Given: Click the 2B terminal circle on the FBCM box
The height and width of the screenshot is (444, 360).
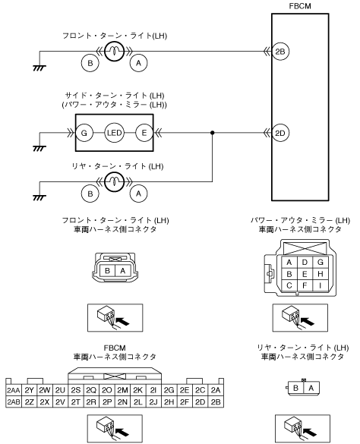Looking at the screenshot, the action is pyautogui.click(x=280, y=52).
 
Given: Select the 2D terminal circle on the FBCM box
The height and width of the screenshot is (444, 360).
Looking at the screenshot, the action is pyautogui.click(x=280, y=133).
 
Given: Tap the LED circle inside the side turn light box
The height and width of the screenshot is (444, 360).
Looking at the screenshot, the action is pyautogui.click(x=114, y=133).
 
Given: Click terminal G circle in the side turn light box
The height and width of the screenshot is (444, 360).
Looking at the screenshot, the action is pyautogui.click(x=84, y=133).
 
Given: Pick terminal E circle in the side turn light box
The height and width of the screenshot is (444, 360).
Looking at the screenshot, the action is pyautogui.click(x=144, y=133).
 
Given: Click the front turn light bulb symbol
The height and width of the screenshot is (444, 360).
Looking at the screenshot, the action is pyautogui.click(x=114, y=52).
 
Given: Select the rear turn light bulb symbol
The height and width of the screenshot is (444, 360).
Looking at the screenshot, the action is pyautogui.click(x=114, y=182).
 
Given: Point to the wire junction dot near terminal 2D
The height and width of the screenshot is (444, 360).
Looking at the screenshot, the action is pyautogui.click(x=213, y=133).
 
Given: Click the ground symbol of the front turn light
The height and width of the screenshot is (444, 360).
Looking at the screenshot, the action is pyautogui.click(x=39, y=68).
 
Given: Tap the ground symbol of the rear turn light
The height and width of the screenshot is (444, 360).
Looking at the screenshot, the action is pyautogui.click(x=39, y=197).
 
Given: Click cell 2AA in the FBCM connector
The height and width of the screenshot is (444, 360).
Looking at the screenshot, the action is pyautogui.click(x=14, y=390).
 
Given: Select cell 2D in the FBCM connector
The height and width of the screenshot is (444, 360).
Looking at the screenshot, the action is pyautogui.click(x=200, y=402).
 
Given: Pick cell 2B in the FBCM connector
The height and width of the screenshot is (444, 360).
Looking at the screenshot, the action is pyautogui.click(x=216, y=402).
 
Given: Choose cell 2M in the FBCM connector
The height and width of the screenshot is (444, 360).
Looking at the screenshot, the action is pyautogui.click(x=122, y=390).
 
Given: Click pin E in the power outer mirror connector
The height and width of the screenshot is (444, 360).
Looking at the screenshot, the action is pyautogui.click(x=305, y=274).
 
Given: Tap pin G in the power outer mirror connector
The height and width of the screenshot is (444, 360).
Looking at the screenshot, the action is pyautogui.click(x=321, y=262).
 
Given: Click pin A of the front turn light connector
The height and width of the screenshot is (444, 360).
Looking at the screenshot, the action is pyautogui.click(x=122, y=271).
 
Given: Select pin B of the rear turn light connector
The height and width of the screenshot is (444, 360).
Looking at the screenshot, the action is pyautogui.click(x=295, y=388).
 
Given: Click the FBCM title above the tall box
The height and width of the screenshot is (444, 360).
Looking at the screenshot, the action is pyautogui.click(x=300, y=6).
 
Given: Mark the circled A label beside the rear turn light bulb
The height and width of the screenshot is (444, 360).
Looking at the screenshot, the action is pyautogui.click(x=139, y=194).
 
